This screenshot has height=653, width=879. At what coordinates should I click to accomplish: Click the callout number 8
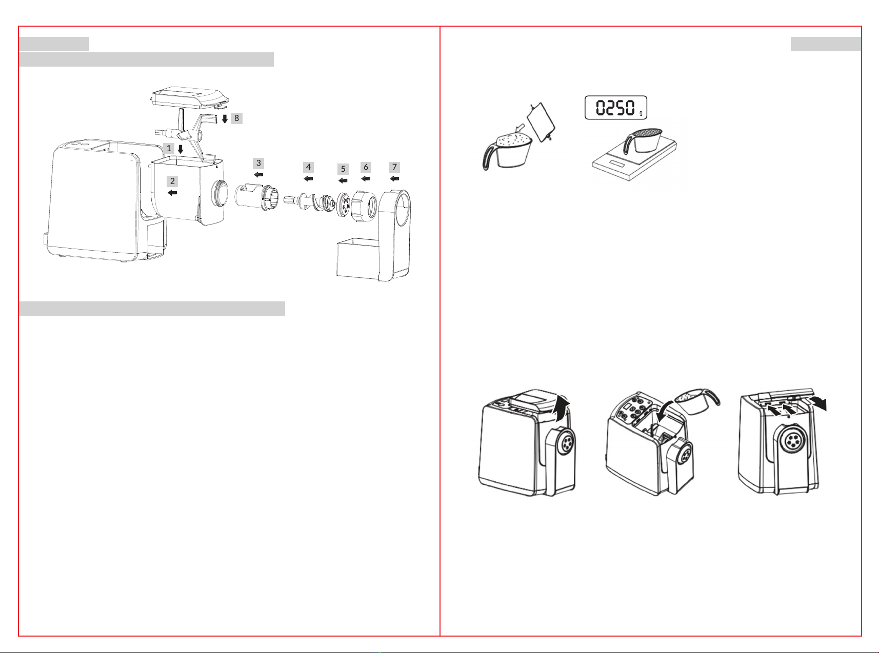(236, 118)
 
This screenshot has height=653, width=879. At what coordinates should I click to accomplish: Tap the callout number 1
(169, 148)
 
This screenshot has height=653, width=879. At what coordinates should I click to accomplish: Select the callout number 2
(172, 181)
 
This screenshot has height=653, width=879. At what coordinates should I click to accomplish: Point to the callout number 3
(258, 163)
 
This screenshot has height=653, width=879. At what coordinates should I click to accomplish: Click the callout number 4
(308, 167)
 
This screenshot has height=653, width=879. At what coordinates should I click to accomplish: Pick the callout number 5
(343, 169)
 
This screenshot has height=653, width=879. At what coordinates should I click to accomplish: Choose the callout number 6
(366, 167)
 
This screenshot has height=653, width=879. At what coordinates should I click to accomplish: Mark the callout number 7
(394, 167)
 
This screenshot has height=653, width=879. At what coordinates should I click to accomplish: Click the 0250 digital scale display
(616, 108)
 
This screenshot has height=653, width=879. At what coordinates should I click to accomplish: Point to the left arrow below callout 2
(172, 193)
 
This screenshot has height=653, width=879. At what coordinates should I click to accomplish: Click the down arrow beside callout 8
(225, 119)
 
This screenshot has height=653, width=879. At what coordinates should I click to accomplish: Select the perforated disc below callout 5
(343, 205)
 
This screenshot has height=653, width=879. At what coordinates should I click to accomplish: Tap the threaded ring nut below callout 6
(364, 205)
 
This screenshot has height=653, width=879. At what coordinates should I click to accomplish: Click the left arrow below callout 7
(394, 179)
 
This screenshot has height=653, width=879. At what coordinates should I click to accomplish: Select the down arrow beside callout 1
(181, 149)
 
